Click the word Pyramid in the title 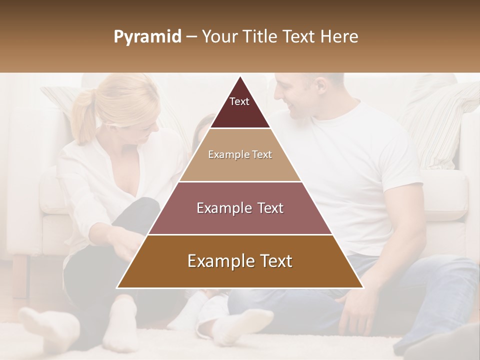point(147,37)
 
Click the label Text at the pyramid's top point(239,101)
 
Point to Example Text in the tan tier point(240,154)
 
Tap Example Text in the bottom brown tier point(240,261)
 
